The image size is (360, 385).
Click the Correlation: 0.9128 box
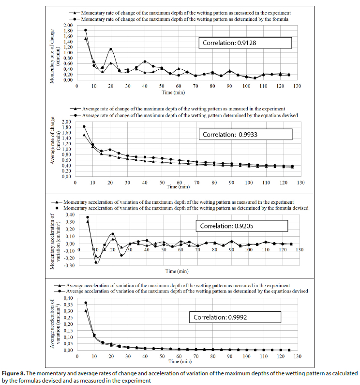[x=245, y=43]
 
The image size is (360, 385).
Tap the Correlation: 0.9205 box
[x=241, y=226]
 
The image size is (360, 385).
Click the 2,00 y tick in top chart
[x=67, y=25]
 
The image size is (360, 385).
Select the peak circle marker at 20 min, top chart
[x=111, y=49]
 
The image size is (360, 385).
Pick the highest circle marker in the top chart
[x=86, y=30]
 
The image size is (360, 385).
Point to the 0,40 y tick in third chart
[x=70, y=215]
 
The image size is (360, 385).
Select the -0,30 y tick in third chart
[x=69, y=265]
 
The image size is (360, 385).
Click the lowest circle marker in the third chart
[x=96, y=262]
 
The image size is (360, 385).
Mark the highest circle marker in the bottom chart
[x=86, y=303]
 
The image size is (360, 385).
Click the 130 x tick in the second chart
[x=300, y=183]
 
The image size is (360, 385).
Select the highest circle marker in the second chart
[x=84, y=126]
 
